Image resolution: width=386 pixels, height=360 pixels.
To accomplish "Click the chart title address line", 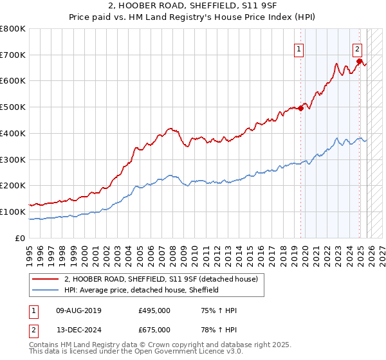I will (193, 6).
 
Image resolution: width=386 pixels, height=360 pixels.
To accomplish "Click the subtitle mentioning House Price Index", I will (193, 17).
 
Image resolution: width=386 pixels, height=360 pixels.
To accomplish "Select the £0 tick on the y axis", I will (20, 239).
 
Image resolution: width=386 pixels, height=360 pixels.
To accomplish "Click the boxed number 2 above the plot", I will (357, 48).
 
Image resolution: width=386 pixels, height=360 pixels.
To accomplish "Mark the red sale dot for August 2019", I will (300, 109).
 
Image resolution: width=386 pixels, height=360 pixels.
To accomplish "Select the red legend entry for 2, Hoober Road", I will (161, 279).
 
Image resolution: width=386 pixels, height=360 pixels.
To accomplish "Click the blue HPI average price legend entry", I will (142, 290).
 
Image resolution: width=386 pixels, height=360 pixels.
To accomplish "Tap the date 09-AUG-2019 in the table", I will (78, 310).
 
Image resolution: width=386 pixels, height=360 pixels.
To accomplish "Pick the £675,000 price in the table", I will (154, 330).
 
